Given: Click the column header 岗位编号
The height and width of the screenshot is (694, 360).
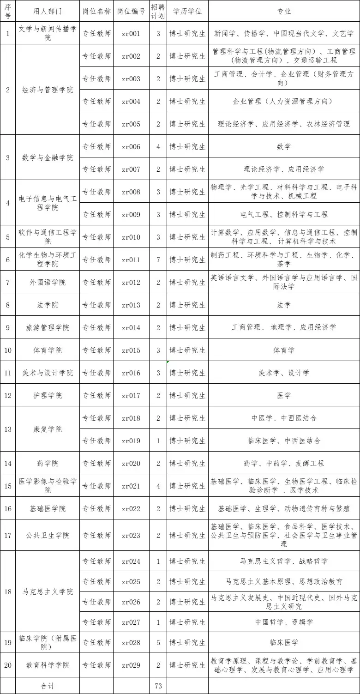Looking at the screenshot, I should (x=131, y=11).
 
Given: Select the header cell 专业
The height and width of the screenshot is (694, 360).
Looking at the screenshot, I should (x=284, y=11).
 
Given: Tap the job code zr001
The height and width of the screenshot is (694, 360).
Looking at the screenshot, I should (x=131, y=33).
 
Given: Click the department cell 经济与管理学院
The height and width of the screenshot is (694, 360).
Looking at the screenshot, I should (x=48, y=90).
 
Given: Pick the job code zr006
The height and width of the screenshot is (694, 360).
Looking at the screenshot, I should (x=131, y=146).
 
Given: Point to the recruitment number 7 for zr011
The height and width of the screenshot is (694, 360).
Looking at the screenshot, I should (x=158, y=259).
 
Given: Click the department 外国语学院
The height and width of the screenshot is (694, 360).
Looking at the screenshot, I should (x=48, y=282).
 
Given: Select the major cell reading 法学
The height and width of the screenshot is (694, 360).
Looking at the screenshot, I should (x=284, y=305).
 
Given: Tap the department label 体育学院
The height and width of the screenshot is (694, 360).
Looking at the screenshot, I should (x=48, y=350).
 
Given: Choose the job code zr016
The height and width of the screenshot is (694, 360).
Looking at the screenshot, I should (x=131, y=373).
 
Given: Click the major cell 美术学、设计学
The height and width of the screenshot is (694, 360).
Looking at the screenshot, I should (x=284, y=373).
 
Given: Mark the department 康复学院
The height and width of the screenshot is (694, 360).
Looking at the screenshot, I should (x=48, y=429).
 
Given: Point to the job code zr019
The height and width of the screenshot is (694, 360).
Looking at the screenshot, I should (x=131, y=441).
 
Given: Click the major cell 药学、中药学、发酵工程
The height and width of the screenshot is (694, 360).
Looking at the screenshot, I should (x=284, y=463).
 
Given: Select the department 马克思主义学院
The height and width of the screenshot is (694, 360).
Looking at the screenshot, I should (x=48, y=591).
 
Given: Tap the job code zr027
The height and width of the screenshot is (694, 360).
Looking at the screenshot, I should (x=131, y=622).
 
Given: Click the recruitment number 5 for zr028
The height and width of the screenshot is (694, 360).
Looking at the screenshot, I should (x=158, y=642).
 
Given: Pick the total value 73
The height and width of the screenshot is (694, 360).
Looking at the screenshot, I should (x=158, y=686).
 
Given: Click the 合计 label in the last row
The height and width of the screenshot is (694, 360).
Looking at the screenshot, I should (x=48, y=686).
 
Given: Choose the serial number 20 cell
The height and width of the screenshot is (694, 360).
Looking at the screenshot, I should (x=8, y=665).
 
